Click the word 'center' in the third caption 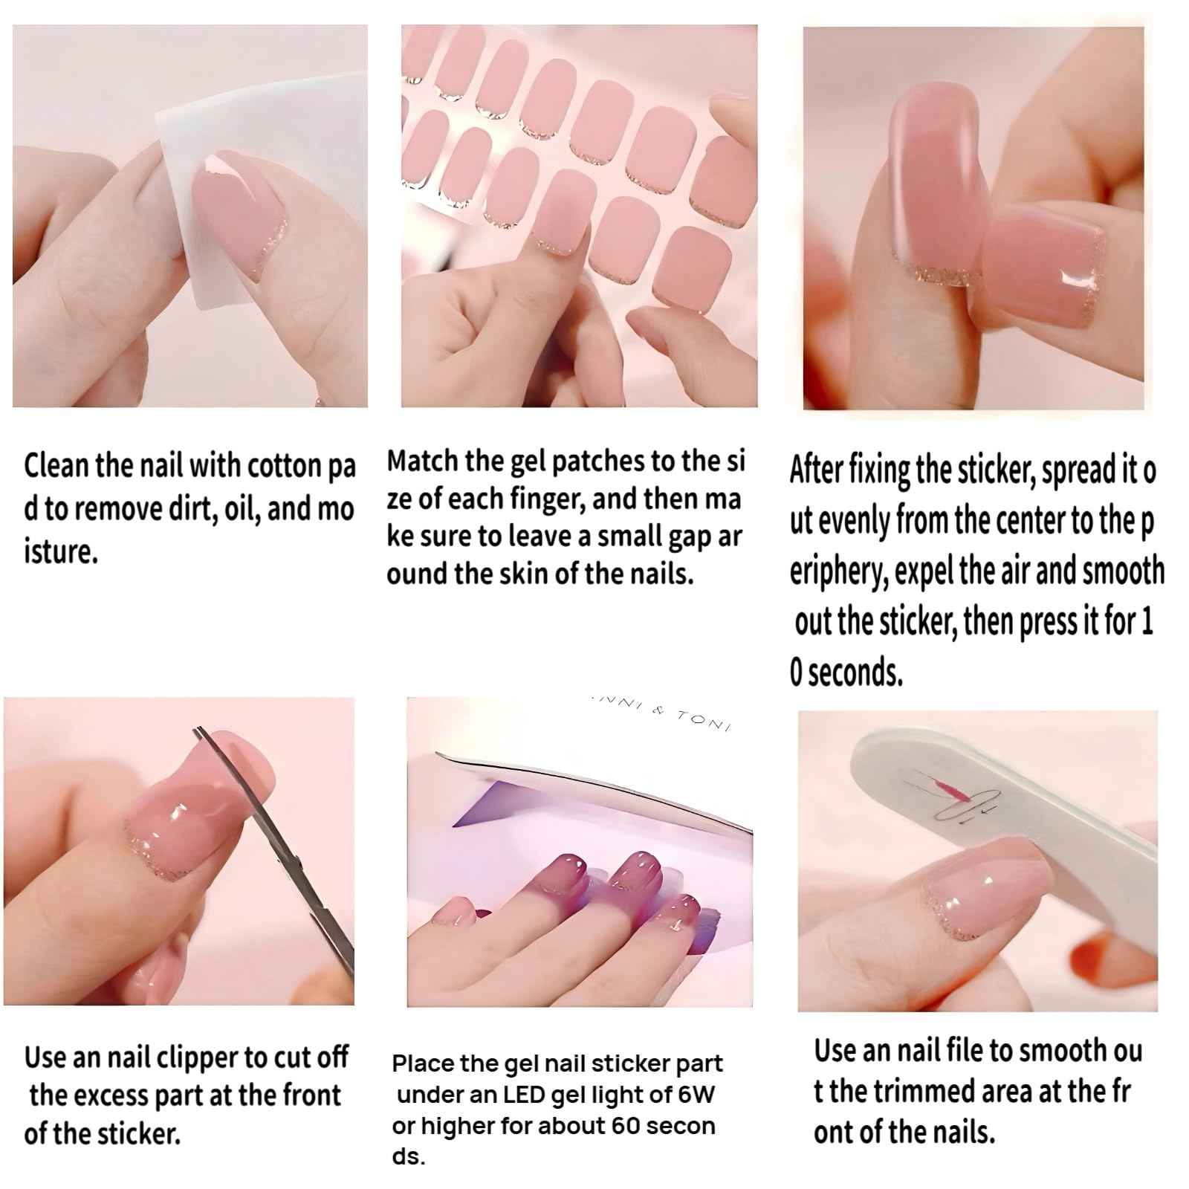1028,521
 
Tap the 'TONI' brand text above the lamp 702,719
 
